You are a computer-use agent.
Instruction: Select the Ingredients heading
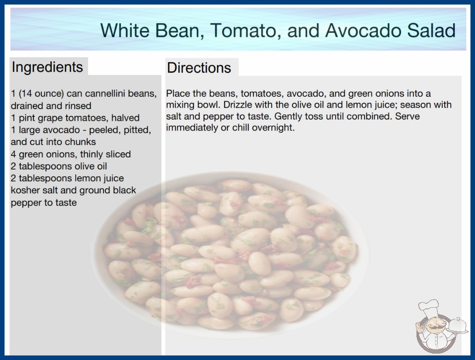(x=47, y=67)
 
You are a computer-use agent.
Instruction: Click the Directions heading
(x=199, y=68)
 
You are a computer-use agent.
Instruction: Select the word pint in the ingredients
(x=27, y=118)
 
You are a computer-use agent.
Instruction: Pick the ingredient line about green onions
(x=71, y=154)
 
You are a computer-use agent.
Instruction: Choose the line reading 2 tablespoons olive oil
(x=59, y=166)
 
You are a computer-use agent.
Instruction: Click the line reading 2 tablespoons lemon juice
(x=67, y=178)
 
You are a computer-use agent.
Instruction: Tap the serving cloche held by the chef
(x=458, y=326)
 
